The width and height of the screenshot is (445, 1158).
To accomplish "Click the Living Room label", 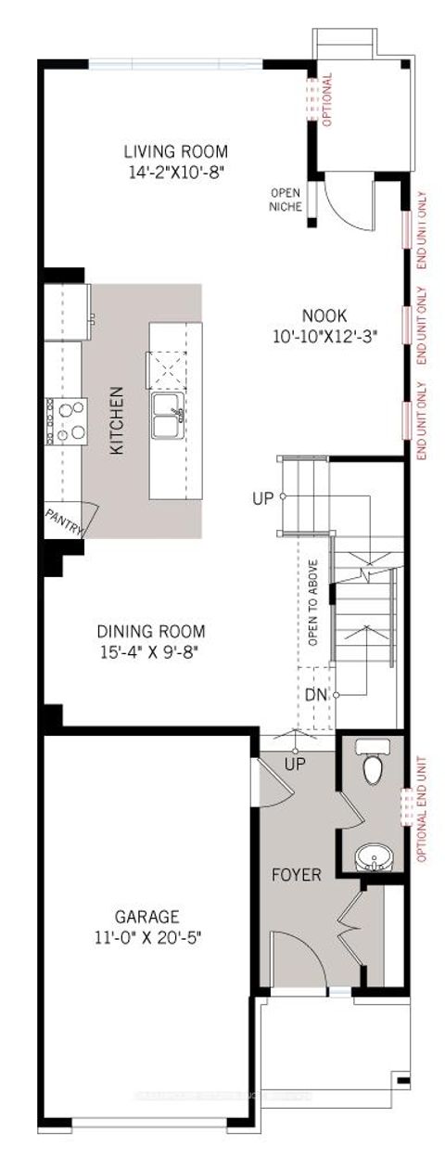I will (x=176, y=151).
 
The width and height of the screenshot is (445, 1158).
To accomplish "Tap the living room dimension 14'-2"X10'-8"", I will (x=176, y=171).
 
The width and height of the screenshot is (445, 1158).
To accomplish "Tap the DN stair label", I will (x=316, y=694).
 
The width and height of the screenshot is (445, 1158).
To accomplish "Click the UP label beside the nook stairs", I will (x=263, y=498).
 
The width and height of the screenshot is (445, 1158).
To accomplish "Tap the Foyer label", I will (x=297, y=875).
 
